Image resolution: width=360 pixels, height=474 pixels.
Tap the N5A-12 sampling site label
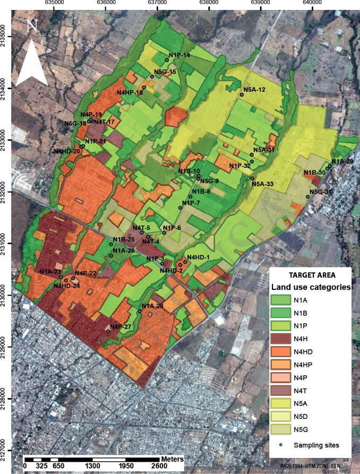click(x=254, y=90)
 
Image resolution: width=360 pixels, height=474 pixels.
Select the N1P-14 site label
click(x=179, y=55)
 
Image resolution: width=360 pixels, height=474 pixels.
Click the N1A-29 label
click(x=342, y=161)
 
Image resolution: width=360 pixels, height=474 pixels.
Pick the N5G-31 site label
click(x=321, y=192)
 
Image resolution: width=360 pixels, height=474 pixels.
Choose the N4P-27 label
click(x=121, y=327)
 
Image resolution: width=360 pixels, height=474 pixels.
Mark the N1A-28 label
click(x=152, y=306)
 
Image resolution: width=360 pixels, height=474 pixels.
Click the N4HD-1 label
click(x=199, y=257)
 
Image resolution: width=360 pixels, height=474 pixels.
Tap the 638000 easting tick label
click(x=208, y=3)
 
